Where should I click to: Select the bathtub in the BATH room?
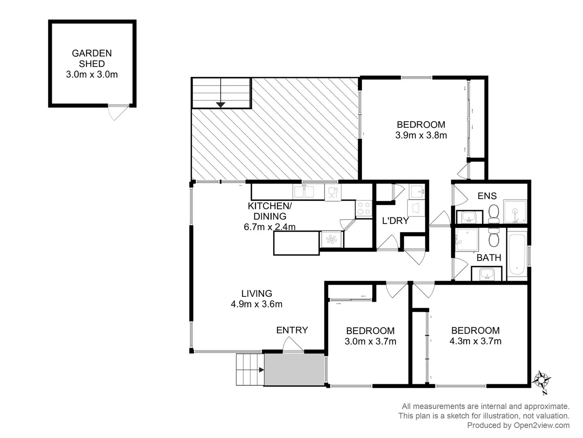pyautogui.click(x=517, y=254)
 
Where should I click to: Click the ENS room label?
pyautogui.click(x=487, y=196)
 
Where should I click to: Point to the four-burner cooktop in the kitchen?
pyautogui.click(x=364, y=208)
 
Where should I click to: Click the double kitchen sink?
pyautogui.click(x=304, y=191)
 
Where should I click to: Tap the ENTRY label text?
pyautogui.click(x=292, y=330)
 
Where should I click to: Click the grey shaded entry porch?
pyautogui.click(x=294, y=369)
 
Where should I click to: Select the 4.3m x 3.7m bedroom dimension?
pyautogui.click(x=475, y=341)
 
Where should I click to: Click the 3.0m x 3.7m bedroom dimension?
pyautogui.click(x=370, y=341)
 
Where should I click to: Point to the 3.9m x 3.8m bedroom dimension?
pyautogui.click(x=421, y=135)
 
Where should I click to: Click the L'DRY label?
pyautogui.click(x=395, y=221)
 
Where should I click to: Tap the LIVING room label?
pyautogui.click(x=256, y=293)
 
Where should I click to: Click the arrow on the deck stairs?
pyautogui.click(x=220, y=104)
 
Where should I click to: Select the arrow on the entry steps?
pyautogui.click(x=261, y=369)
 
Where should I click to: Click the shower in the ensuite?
pyautogui.click(x=515, y=212)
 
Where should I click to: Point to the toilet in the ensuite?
pyautogui.click(x=494, y=213)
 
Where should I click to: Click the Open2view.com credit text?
pyautogui.click(x=518, y=425)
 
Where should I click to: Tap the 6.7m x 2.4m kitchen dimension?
pyautogui.click(x=269, y=227)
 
